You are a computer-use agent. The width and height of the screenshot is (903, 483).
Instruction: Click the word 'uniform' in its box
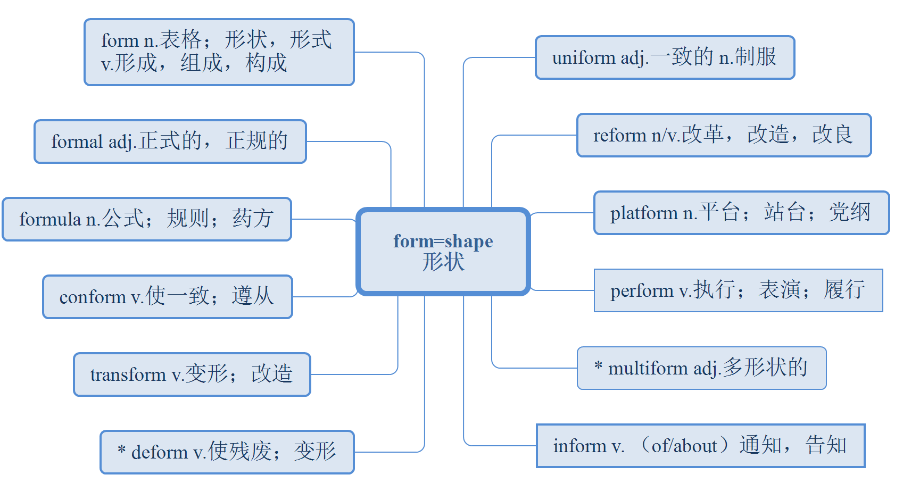tap(576, 57)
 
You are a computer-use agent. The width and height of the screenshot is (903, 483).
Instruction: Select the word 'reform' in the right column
tap(620, 136)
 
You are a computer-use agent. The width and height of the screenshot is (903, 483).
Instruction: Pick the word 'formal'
tap(77, 142)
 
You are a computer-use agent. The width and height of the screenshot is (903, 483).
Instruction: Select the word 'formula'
tap(51, 219)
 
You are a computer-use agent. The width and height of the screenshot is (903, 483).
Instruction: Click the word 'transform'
tap(128, 375)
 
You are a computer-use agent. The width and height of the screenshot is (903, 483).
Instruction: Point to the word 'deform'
tap(160, 453)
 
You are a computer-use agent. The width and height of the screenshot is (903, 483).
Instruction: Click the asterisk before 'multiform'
tap(599, 366)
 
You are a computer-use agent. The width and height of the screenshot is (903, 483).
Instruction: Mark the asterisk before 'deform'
tap(122, 450)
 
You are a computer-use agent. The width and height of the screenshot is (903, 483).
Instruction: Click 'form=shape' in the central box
tap(443, 241)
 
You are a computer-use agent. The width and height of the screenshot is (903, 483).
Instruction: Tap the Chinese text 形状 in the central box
tap(443, 262)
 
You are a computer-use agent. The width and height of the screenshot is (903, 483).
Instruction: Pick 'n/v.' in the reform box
tap(666, 136)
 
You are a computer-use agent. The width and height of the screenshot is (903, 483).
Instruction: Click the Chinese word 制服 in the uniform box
tap(756, 57)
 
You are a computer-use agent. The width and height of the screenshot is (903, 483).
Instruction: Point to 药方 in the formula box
tap(253, 219)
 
